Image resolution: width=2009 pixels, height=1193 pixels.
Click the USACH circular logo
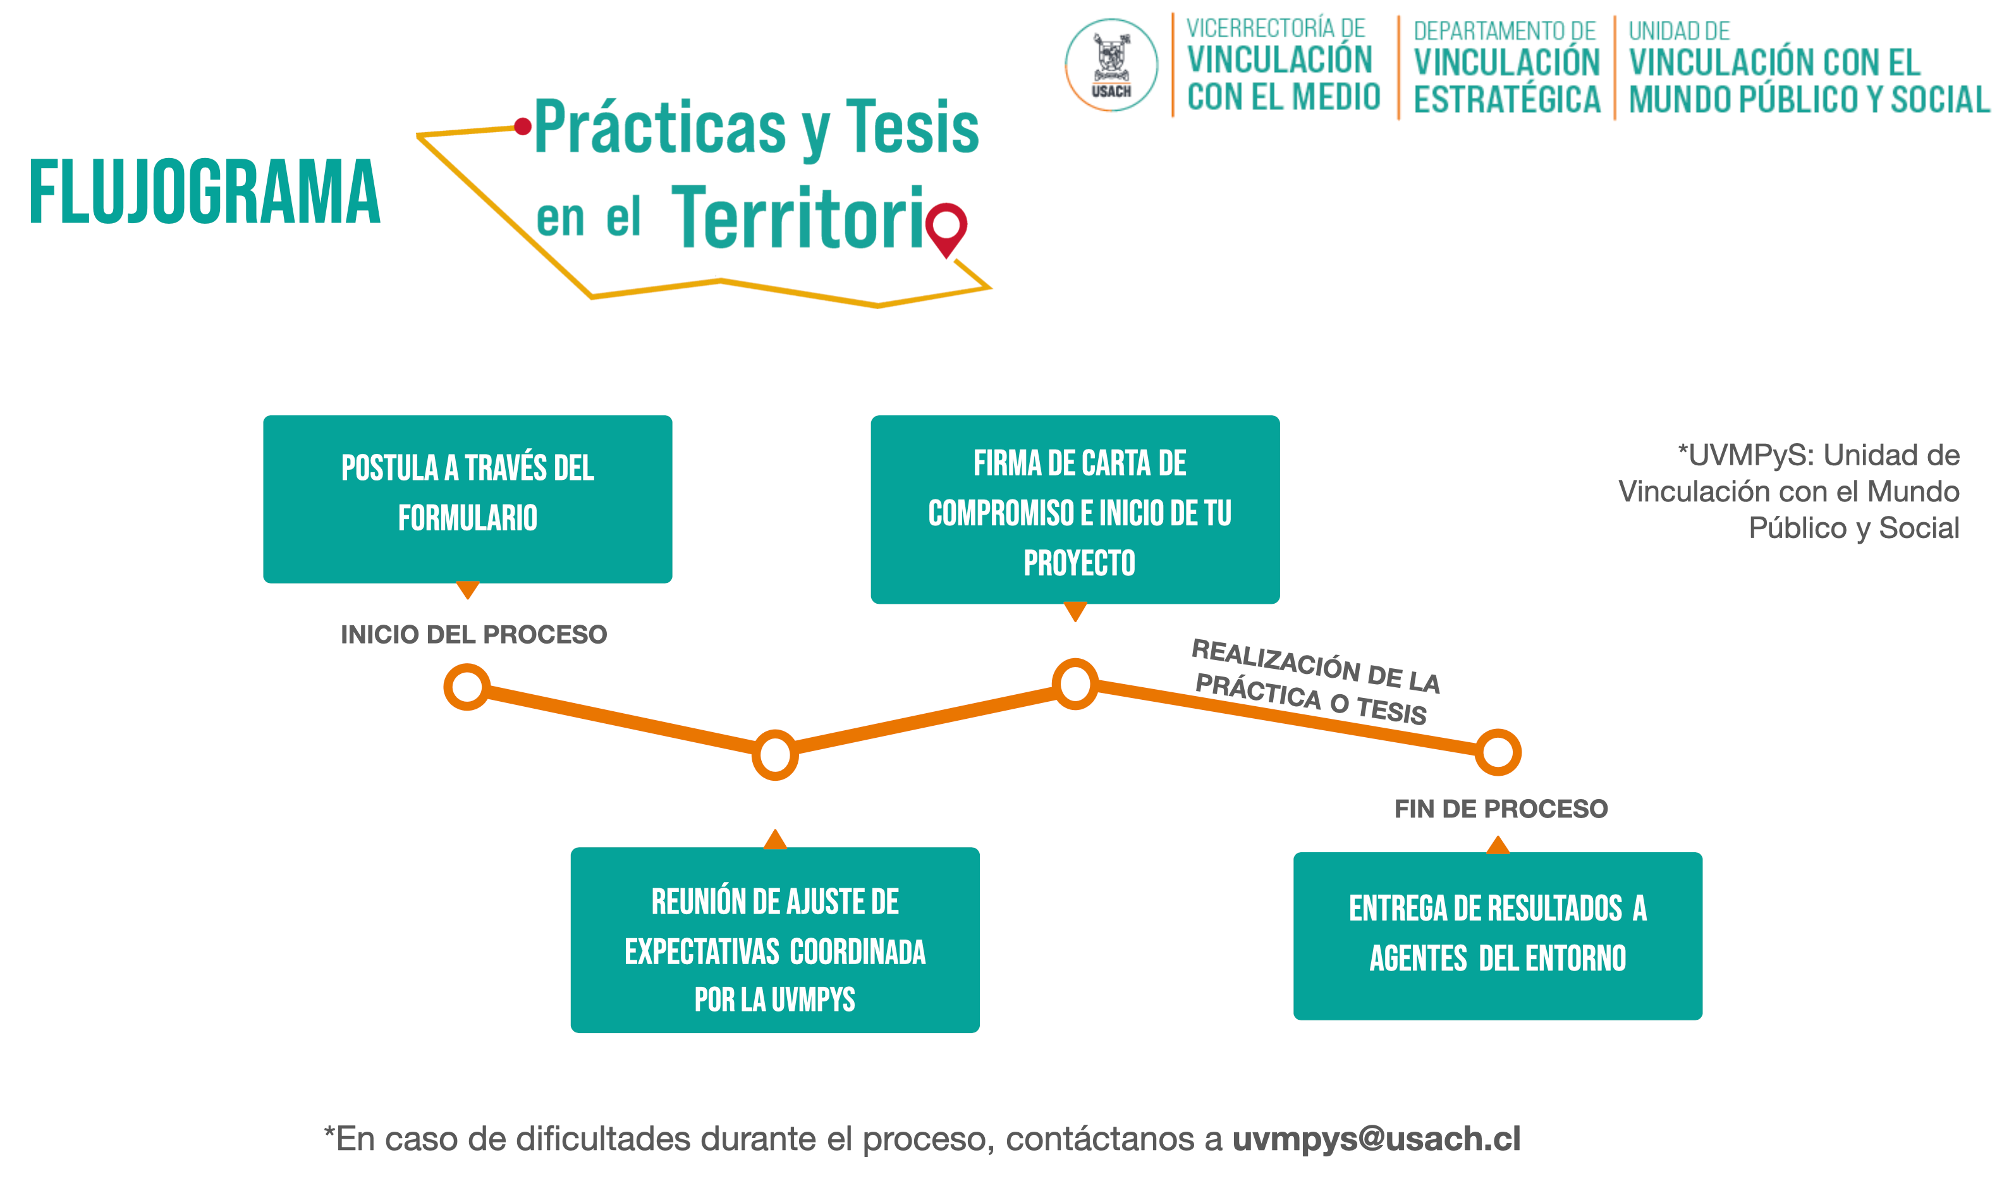click(x=1111, y=64)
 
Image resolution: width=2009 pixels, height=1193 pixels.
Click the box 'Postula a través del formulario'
click(x=468, y=499)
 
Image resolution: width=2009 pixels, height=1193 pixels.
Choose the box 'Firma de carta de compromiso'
click(x=1075, y=510)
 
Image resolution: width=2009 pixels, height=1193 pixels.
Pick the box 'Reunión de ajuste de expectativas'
click(x=774, y=939)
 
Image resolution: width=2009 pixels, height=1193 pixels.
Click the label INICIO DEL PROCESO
click(x=474, y=634)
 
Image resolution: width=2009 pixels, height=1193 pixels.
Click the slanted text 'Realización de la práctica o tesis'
click(x=1316, y=682)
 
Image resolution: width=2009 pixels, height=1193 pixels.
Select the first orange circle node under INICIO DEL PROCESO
click(x=467, y=687)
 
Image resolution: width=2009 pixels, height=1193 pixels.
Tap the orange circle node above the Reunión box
click(x=774, y=755)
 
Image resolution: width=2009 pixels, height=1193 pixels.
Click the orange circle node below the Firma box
click(x=1075, y=684)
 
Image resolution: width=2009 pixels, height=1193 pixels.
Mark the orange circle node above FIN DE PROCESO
click(x=1498, y=752)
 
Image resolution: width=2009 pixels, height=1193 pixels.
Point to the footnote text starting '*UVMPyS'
click(x=1789, y=491)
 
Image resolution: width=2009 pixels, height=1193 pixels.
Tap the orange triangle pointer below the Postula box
click(x=468, y=590)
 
